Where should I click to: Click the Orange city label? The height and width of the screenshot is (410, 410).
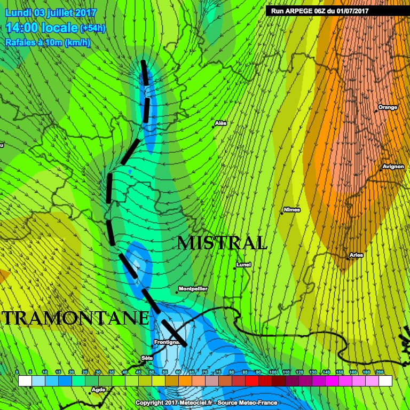tap(388, 107)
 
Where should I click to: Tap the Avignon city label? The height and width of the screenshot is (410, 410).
tap(393, 167)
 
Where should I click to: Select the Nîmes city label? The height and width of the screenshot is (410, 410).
tap(291, 210)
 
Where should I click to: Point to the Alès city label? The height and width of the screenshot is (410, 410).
tap(220, 123)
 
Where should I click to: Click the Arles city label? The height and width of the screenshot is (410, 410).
tap(356, 255)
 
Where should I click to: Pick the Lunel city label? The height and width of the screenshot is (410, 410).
tap(243, 264)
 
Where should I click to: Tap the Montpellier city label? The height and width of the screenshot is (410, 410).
tap(193, 289)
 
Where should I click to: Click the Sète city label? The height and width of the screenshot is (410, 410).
tap(146, 358)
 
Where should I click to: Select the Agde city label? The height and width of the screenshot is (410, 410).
tap(98, 390)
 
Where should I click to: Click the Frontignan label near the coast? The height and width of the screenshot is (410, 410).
tap(166, 342)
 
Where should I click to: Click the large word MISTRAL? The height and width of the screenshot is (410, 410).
tap(222, 243)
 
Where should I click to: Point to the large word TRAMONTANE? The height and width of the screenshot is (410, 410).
tap(76, 318)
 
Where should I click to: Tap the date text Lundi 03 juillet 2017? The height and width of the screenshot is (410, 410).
tap(51, 12)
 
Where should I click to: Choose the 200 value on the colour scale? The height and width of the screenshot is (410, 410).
tap(380, 372)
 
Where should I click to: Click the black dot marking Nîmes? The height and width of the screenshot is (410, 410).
tap(281, 214)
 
